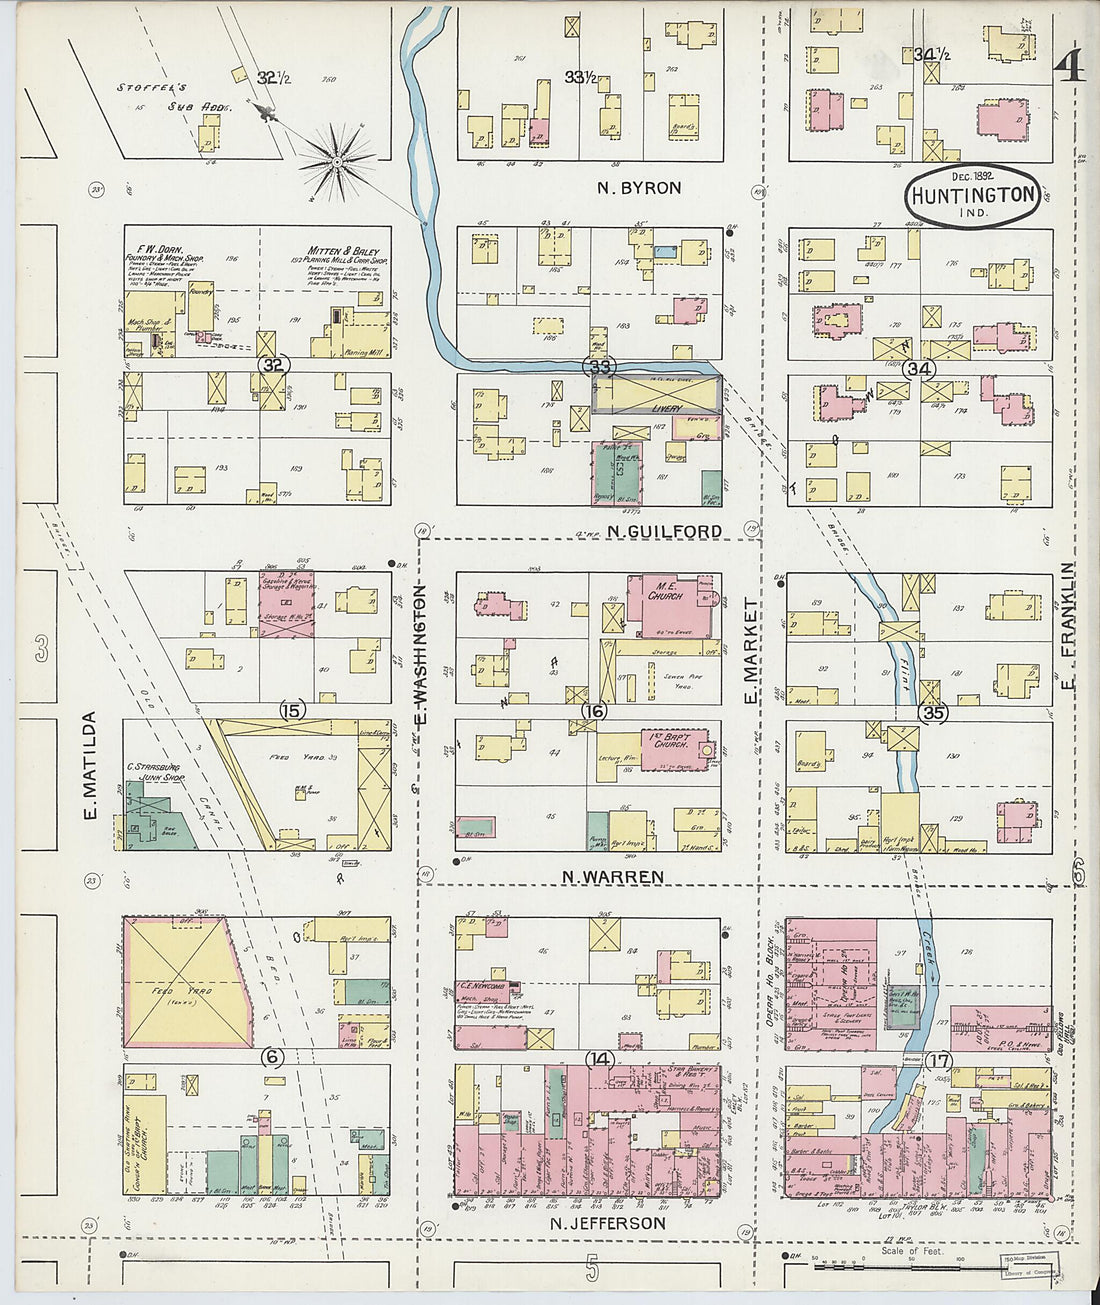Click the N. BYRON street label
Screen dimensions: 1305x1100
(x=639, y=187)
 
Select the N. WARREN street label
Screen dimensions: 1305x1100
(x=612, y=877)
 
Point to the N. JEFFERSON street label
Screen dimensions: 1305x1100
(x=608, y=1223)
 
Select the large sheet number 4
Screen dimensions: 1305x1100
(x=1069, y=66)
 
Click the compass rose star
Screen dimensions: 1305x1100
(x=338, y=158)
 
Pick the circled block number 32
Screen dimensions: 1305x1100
(x=273, y=365)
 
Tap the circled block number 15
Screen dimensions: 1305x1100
(x=292, y=711)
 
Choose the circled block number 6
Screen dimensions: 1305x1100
(x=274, y=1056)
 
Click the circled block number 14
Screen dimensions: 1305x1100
(x=600, y=1059)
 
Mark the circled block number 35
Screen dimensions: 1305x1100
(x=933, y=713)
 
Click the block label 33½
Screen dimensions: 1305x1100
(x=581, y=77)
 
